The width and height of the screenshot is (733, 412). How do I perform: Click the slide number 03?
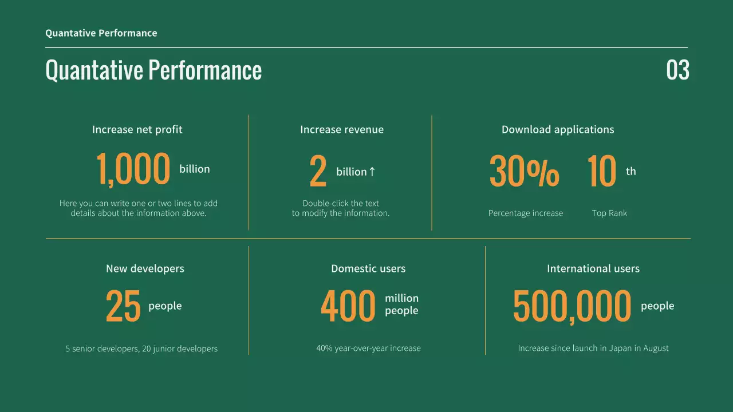coord(677,70)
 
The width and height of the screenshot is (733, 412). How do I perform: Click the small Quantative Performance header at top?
coord(101,33)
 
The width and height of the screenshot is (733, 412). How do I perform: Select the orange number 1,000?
coord(133,170)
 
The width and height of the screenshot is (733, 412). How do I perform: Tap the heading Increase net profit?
coord(137,130)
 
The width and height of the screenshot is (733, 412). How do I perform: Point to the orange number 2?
coord(318,172)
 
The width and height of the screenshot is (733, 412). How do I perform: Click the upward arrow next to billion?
coord(372,172)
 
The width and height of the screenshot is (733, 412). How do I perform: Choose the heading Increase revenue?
coord(342,130)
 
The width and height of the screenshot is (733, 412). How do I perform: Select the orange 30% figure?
coord(524,171)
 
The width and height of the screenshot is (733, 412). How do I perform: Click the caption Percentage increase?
coord(526,213)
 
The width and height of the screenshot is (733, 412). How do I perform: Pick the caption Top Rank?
coord(609,213)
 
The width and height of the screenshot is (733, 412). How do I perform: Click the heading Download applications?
coord(558,130)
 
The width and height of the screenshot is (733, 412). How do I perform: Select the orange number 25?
coord(123,307)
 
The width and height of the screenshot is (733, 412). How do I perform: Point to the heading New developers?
coord(145,269)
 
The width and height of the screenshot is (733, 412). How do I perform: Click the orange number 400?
coord(348,306)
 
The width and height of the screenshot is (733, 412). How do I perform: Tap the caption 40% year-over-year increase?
coord(368,348)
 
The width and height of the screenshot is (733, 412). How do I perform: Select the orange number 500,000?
coord(572,306)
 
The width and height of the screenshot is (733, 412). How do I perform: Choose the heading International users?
coord(593,269)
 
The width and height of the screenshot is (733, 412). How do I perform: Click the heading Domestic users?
coord(368,269)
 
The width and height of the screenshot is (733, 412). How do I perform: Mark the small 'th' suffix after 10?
coord(631,172)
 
